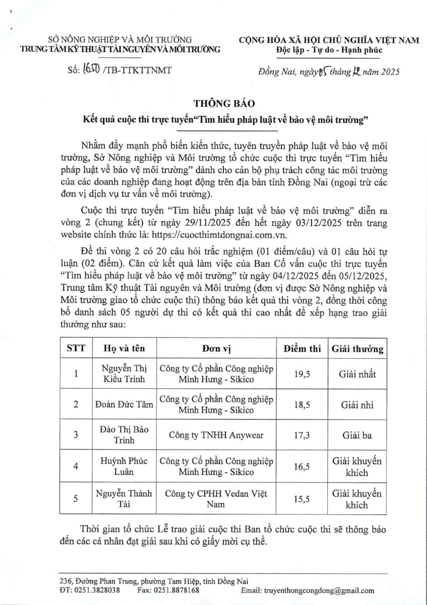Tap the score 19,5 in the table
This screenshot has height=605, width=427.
click(301, 374)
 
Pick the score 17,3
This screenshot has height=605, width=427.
click(301, 435)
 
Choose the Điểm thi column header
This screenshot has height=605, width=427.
click(301, 348)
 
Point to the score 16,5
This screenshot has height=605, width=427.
click(301, 467)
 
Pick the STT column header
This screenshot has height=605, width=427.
click(76, 348)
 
